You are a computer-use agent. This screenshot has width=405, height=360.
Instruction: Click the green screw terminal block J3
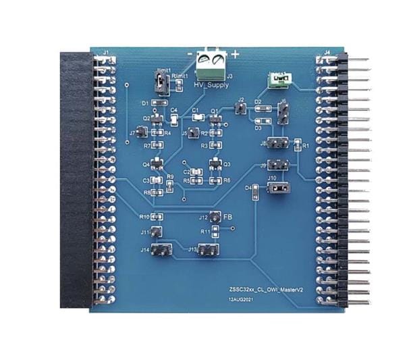coord(209,66)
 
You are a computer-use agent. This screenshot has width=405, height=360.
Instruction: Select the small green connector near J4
coord(279,80)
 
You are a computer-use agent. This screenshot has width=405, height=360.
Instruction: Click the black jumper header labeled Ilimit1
coord(161,84)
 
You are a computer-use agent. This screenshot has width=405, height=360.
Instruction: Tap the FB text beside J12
coord(228,217)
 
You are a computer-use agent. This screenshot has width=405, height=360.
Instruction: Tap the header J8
coord(275,143)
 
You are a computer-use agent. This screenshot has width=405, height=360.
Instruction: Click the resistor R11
coord(215,233)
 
